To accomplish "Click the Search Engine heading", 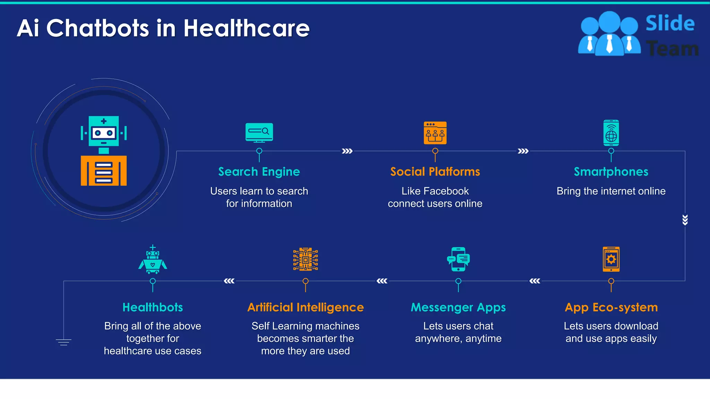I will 259,172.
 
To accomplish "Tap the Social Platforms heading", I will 435,172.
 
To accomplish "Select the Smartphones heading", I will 611,172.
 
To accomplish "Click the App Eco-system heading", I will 611,308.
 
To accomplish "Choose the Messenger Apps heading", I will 458,308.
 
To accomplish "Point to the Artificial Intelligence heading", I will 305,308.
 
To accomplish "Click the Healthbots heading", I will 153,308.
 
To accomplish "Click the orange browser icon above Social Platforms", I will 435,133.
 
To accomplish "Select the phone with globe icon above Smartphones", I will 611,133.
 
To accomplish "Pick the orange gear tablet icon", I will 611,259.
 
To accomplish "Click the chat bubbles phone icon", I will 458,259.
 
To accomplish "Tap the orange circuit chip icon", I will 305,259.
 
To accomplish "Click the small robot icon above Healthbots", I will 153,259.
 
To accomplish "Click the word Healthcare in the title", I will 246,28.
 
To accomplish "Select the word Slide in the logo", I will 670,24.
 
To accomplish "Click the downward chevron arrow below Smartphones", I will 685,220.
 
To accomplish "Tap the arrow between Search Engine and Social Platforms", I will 347,151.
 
